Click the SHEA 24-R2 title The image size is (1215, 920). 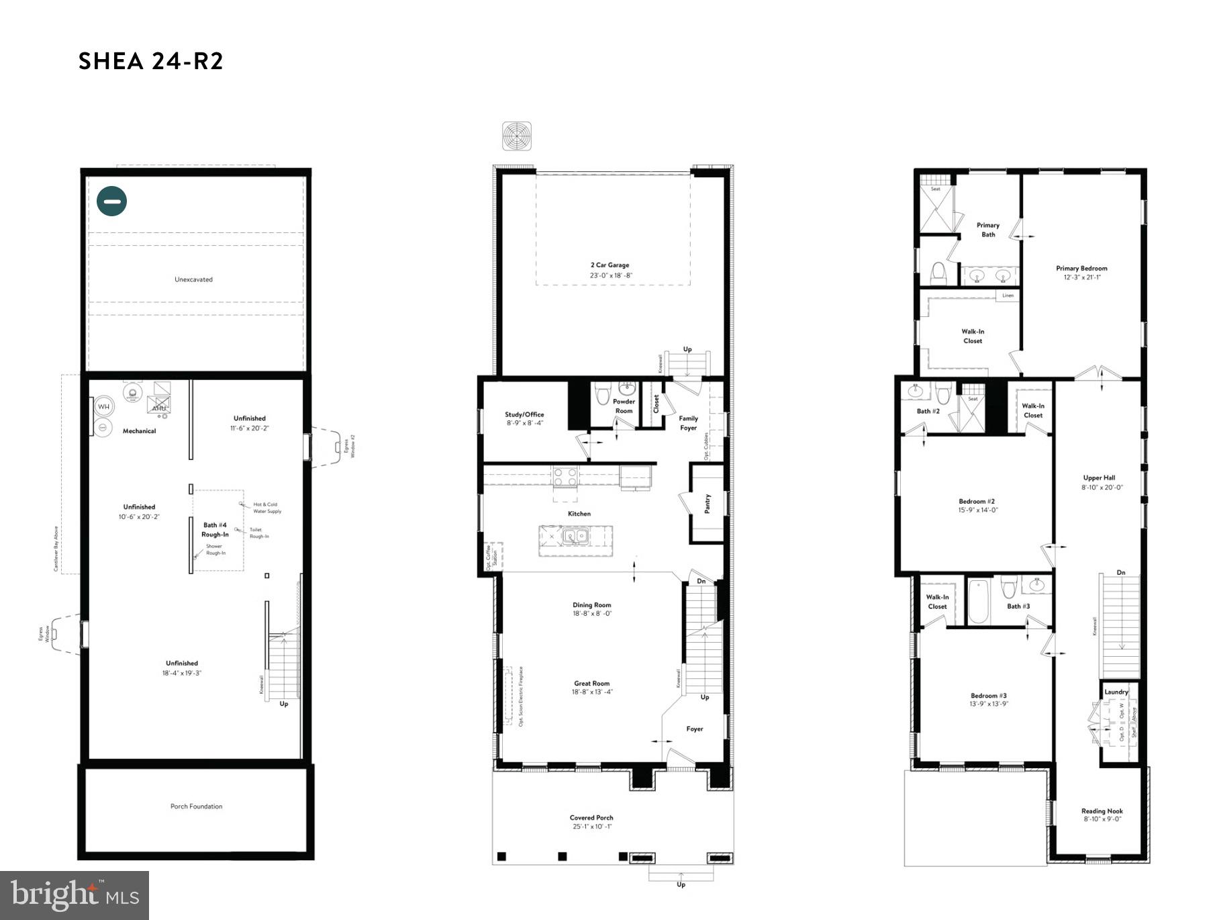click(x=150, y=61)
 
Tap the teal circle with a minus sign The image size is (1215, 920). click(x=112, y=200)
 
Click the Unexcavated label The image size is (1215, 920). click(x=193, y=279)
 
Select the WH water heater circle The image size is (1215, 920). click(x=103, y=406)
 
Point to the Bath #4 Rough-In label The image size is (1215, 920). click(x=215, y=530)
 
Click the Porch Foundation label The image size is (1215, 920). click(x=196, y=806)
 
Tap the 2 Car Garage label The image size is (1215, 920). click(x=610, y=265)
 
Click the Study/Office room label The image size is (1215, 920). click(x=524, y=414)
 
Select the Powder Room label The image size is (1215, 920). click(x=624, y=406)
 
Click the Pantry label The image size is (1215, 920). click(x=708, y=504)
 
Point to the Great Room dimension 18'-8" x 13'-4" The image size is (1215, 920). click(x=592, y=692)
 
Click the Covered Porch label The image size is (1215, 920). click(x=591, y=818)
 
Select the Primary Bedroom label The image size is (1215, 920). click(x=1081, y=269)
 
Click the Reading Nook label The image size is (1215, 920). click(x=1102, y=811)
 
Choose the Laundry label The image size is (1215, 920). click(x=1116, y=692)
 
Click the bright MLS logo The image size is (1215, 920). click(x=75, y=895)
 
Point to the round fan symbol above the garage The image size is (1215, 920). click(x=517, y=136)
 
